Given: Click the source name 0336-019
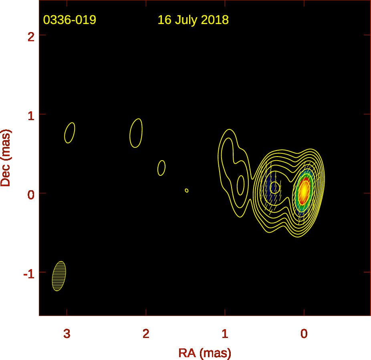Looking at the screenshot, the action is pos(70,20).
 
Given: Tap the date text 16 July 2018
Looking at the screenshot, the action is pos(193,20).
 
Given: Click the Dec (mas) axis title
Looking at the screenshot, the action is pos(6,158).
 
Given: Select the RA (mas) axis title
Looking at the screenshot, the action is pos(205,353).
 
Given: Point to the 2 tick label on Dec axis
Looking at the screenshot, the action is pos(31,37).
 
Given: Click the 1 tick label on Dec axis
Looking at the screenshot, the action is pos(31,116).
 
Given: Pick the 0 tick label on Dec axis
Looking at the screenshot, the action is pos(31,195).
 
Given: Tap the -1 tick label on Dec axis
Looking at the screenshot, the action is pos(29,274).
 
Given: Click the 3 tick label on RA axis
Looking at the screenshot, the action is pos(67,334).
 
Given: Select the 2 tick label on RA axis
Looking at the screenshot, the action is pos(146,334).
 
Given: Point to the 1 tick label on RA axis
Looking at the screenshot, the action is pos(225,334).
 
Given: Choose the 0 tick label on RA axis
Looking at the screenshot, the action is pos(304,334).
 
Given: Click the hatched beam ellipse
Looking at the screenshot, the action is pos(59,276).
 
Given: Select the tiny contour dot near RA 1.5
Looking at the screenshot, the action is pos(187,190).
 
